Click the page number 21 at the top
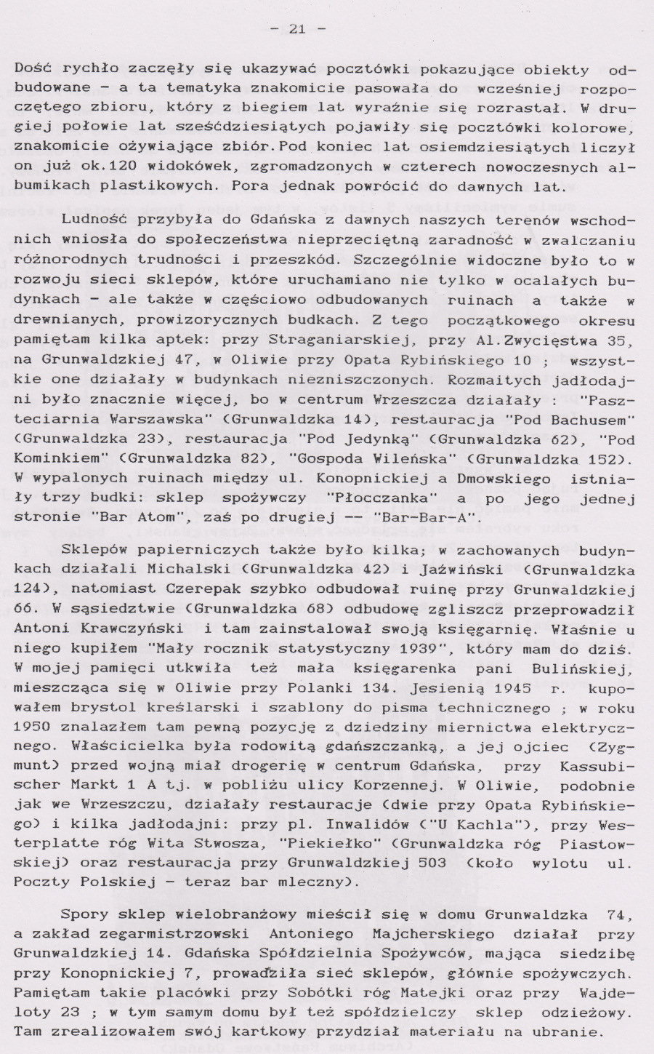coord(296,29)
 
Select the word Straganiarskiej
coord(326,340)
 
